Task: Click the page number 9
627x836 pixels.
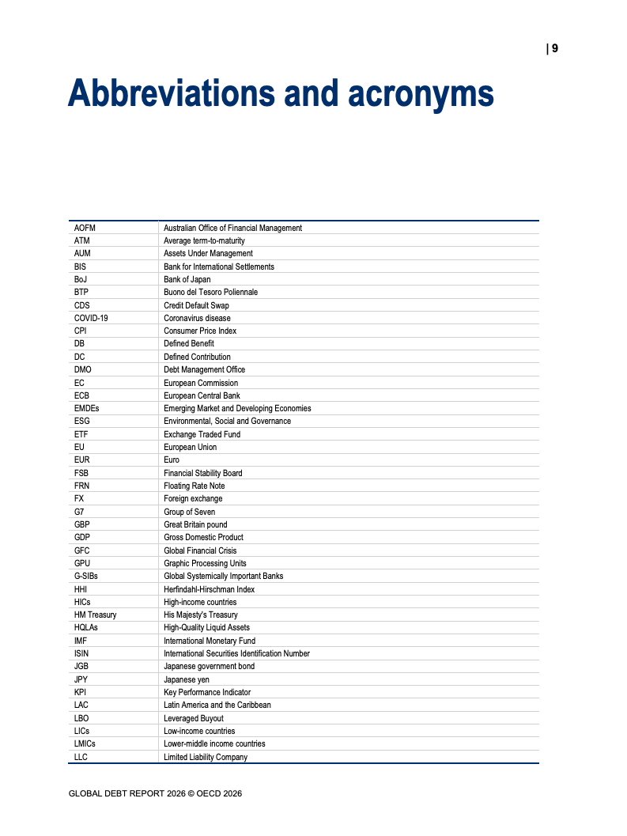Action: [555, 48]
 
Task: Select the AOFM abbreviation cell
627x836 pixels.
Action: [85, 228]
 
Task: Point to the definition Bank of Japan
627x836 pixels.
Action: [187, 279]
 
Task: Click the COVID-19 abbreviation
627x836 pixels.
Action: [91, 318]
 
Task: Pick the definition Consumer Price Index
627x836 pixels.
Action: [200, 331]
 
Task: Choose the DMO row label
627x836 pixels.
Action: [82, 369]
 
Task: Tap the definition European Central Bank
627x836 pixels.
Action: [202, 395]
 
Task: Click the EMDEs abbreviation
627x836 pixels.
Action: [87, 408]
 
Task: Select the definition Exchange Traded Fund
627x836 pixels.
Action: [202, 434]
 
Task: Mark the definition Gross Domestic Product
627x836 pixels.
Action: [203, 537]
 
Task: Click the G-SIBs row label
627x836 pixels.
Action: [86, 576]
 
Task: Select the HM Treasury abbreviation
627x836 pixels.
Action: [95, 615]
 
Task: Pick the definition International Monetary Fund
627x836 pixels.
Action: [210, 641]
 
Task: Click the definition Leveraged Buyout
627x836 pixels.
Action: [193, 718]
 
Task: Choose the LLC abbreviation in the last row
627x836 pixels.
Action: [81, 757]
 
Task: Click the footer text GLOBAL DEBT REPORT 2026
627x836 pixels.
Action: [126, 792]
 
